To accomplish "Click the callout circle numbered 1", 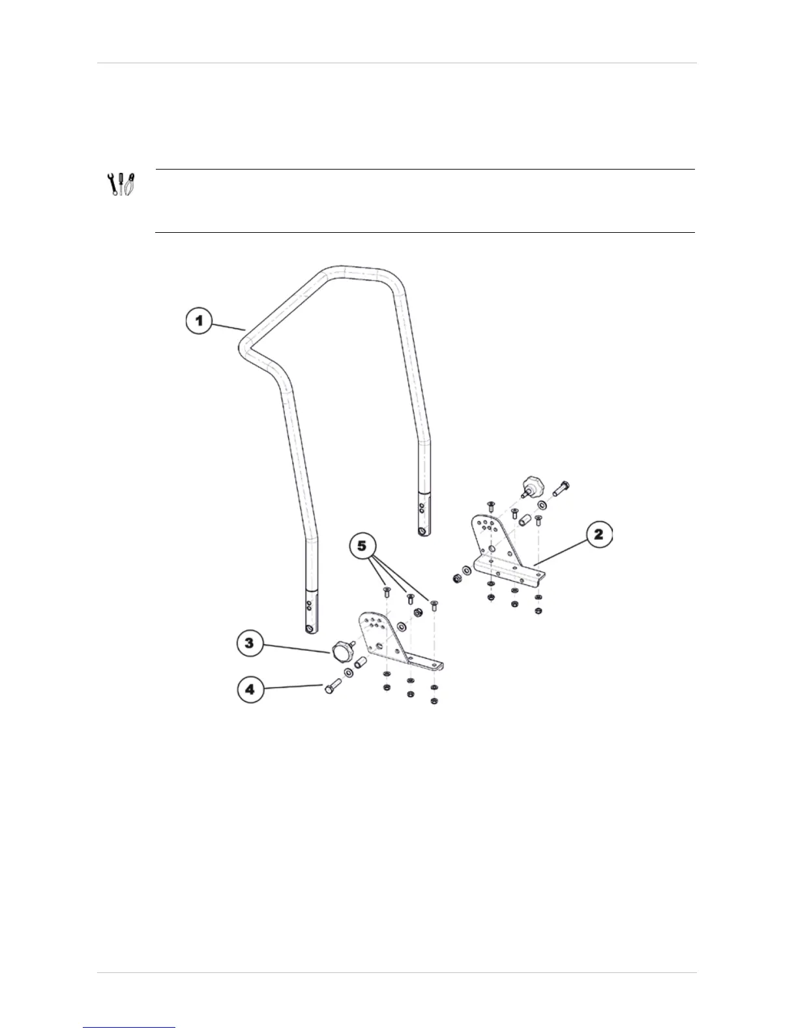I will (x=200, y=322).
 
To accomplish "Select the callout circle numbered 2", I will (x=598, y=536).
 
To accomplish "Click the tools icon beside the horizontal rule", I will (x=121, y=185).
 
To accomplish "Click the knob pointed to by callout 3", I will (x=342, y=651).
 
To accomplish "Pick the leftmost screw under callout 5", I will (x=385, y=592).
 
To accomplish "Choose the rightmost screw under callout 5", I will (x=434, y=603).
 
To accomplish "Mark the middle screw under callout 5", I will (x=409, y=598).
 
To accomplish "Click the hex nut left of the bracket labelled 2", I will (x=457, y=578).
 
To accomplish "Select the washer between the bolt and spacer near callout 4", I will (x=349, y=672).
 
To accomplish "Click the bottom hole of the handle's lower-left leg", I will (x=309, y=629).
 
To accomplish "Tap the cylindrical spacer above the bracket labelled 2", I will (x=524, y=522).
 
